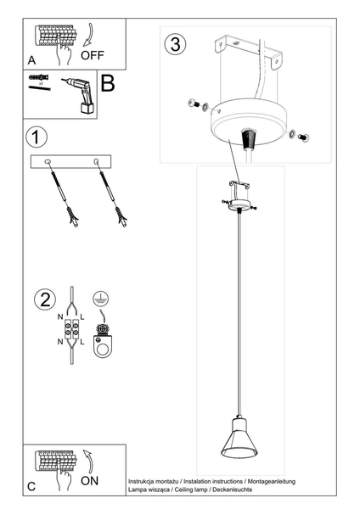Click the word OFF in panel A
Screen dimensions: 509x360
point(93,55)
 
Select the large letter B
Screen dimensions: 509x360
point(108,83)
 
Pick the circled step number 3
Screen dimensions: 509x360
point(175,45)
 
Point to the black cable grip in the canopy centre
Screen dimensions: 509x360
point(250,137)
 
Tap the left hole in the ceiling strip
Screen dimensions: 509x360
point(48,161)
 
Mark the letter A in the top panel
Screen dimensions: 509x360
point(31,61)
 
